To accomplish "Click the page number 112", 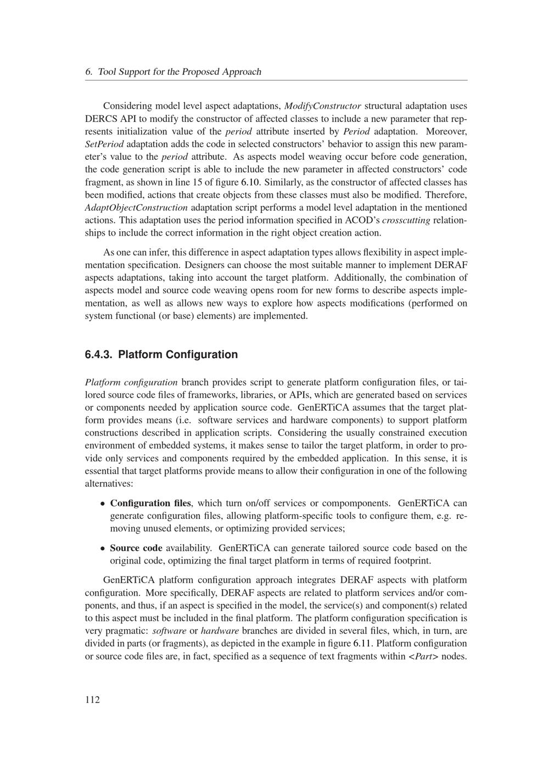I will click(x=93, y=700).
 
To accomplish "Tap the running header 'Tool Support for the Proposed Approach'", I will click(x=179, y=72).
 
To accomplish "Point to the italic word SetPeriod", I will click(x=105, y=144).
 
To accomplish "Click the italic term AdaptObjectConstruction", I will click(x=137, y=208).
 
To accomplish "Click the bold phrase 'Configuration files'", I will click(x=151, y=503).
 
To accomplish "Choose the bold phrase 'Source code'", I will click(x=136, y=548).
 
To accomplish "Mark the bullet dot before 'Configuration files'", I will click(x=103, y=504).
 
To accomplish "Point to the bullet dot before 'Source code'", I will click(x=103, y=549).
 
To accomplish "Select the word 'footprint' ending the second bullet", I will click(x=411, y=561).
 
